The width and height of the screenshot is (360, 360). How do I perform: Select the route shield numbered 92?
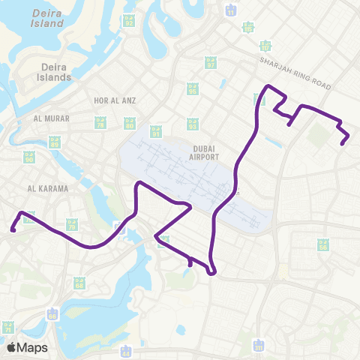point(129,20)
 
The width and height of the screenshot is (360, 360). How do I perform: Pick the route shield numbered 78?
point(101,121)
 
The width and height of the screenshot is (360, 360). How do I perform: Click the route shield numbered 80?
point(129,122)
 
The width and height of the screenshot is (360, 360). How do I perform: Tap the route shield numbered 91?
point(155,131)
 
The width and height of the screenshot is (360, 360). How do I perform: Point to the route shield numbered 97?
point(211,63)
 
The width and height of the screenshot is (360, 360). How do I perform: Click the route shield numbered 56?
point(323,244)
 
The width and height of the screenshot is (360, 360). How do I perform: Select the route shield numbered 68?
point(79,283)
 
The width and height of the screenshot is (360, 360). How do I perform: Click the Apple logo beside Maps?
point(11,347)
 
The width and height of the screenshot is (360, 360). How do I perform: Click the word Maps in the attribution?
point(32,347)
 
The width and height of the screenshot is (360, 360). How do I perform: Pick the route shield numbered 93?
point(193,122)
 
